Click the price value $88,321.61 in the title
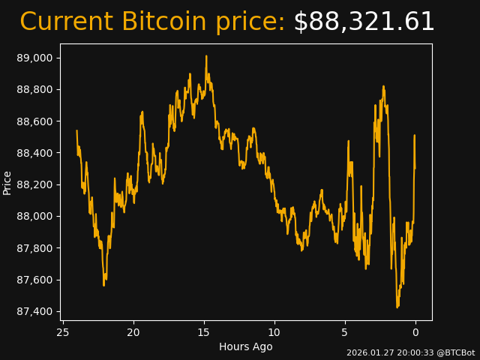(x=364, y=22)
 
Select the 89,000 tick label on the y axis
(x=34, y=58)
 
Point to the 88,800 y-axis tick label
(x=34, y=90)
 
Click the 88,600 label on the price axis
(x=34, y=121)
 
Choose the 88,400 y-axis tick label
(x=34, y=153)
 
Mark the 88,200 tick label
(x=34, y=184)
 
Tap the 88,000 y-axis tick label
(x=34, y=217)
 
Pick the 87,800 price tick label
(x=34, y=248)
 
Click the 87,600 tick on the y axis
(x=34, y=280)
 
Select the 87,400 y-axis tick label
(x=34, y=312)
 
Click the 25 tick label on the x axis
(x=63, y=332)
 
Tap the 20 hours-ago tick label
(x=133, y=332)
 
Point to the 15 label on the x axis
(x=204, y=332)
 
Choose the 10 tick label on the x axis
(x=274, y=332)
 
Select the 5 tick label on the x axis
(x=345, y=332)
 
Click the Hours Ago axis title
(x=246, y=346)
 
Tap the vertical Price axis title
(x=7, y=182)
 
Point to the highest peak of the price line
(x=206, y=56)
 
